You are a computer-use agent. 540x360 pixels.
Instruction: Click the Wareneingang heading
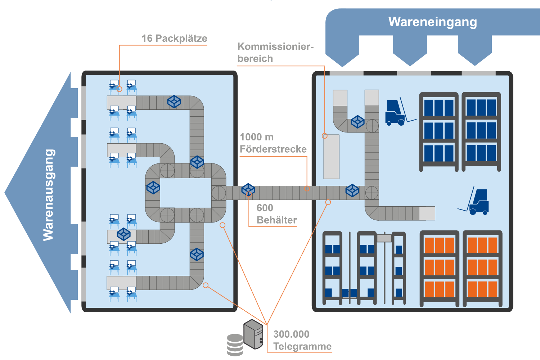pyautogui.click(x=432, y=22)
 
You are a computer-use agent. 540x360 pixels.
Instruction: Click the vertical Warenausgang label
pyautogui.click(x=49, y=195)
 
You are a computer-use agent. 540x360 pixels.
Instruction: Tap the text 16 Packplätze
pyautogui.click(x=174, y=38)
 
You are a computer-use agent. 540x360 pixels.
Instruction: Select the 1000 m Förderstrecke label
pyautogui.click(x=273, y=143)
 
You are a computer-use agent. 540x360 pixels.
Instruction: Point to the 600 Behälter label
pyautogui.click(x=276, y=214)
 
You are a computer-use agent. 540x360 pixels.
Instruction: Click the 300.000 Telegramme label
pyautogui.click(x=302, y=340)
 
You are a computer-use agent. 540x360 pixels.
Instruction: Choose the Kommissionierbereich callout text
pyautogui.click(x=275, y=52)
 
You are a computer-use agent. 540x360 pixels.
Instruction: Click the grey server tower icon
pyautogui.click(x=253, y=334)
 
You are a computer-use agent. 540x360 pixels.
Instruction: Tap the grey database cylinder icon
pyautogui.click(x=235, y=345)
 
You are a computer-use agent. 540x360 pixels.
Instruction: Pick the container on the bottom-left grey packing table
pyautogui.click(x=124, y=234)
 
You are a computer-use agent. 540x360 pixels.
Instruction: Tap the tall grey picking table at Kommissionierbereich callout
pyautogui.click(x=331, y=157)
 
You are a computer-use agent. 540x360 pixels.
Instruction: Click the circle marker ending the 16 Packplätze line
pyautogui.click(x=119, y=89)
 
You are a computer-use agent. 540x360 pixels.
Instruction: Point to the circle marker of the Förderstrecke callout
pyautogui.click(x=307, y=189)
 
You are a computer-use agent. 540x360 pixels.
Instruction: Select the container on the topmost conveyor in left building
pyautogui.click(x=174, y=102)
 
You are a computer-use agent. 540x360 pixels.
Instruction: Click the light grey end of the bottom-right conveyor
pyautogui.click(x=427, y=213)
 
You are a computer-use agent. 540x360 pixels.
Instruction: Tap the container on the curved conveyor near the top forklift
pyautogui.click(x=357, y=122)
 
